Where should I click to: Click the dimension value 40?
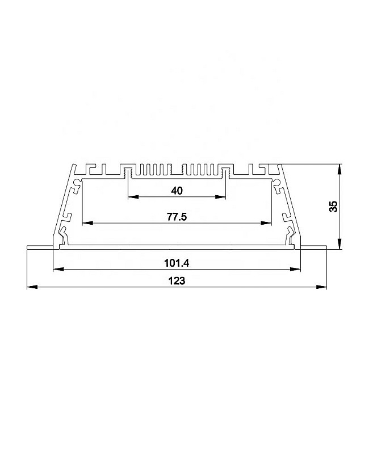177,191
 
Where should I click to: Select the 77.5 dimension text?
177,217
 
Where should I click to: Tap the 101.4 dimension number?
177,263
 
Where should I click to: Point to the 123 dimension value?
177,281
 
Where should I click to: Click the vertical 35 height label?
334,207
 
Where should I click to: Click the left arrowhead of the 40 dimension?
133,197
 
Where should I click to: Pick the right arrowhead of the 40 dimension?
221,197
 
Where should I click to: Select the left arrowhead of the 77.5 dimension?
87,223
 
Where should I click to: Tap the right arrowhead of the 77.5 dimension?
266,223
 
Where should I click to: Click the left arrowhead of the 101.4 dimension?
58,270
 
